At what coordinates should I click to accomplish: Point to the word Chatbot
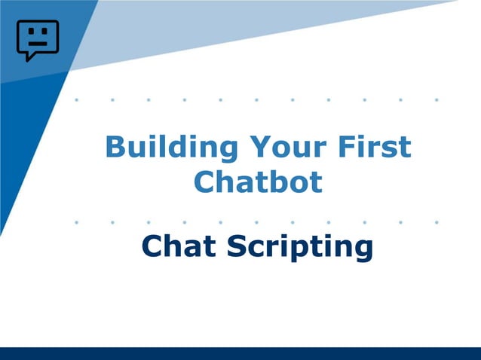point(258,182)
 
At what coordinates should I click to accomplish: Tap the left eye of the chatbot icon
point(30,32)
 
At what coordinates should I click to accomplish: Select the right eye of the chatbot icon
point(44,32)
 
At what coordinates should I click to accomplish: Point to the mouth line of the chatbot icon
point(37,44)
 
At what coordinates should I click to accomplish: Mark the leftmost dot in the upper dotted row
point(76,99)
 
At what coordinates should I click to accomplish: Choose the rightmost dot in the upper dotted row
point(437,99)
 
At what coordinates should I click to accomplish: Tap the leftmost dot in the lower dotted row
point(76,222)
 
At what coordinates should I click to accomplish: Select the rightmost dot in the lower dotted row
point(437,222)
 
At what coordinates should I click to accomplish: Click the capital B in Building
point(115,147)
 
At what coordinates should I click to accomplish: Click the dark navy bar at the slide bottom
point(240,353)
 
